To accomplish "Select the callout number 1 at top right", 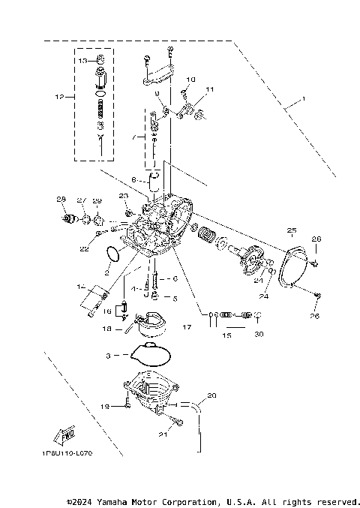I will (x=303, y=100).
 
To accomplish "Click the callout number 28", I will (x=61, y=199).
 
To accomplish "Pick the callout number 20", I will (x=211, y=395).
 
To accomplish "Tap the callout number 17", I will (x=186, y=326).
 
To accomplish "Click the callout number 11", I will (x=209, y=89).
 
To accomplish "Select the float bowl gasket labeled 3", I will (x=148, y=351).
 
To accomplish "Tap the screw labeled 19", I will (x=128, y=404).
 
